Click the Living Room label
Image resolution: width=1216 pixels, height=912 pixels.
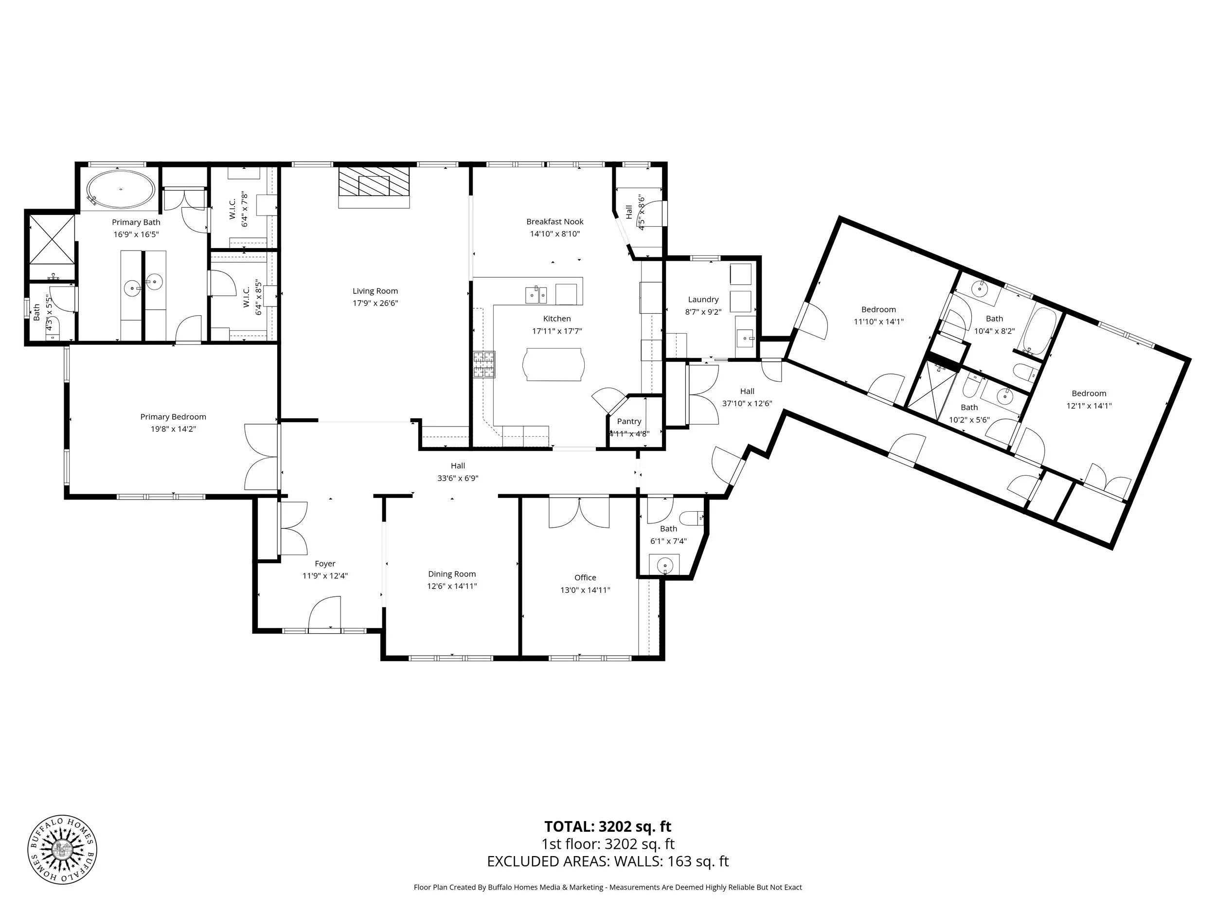pyautogui.click(x=375, y=291)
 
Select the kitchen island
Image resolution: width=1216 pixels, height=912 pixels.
pyautogui.click(x=554, y=364)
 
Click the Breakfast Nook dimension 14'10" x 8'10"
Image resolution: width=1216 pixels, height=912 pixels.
pyautogui.click(x=554, y=233)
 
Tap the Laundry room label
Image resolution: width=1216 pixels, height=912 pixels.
pyautogui.click(x=703, y=300)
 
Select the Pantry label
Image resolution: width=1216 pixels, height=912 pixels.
pyautogui.click(x=629, y=421)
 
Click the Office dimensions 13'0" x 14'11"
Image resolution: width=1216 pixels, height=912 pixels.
pyautogui.click(x=585, y=590)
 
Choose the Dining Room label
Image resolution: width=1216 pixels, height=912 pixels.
pyautogui.click(x=452, y=574)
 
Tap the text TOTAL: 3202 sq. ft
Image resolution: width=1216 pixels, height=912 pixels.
pyautogui.click(x=608, y=826)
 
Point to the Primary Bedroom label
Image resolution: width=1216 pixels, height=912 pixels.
pyautogui.click(x=173, y=417)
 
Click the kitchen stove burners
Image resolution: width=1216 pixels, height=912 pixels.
pyautogui.click(x=484, y=364)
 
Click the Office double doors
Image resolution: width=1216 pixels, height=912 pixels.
pyautogui.click(x=579, y=512)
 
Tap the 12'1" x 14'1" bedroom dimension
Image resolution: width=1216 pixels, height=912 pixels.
pyautogui.click(x=1089, y=406)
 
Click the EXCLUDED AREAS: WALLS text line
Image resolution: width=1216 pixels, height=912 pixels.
pyautogui.click(x=608, y=861)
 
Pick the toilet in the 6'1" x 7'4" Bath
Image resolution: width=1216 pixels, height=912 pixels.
pyautogui.click(x=692, y=518)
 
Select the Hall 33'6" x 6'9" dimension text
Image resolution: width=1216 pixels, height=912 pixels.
pyautogui.click(x=457, y=478)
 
